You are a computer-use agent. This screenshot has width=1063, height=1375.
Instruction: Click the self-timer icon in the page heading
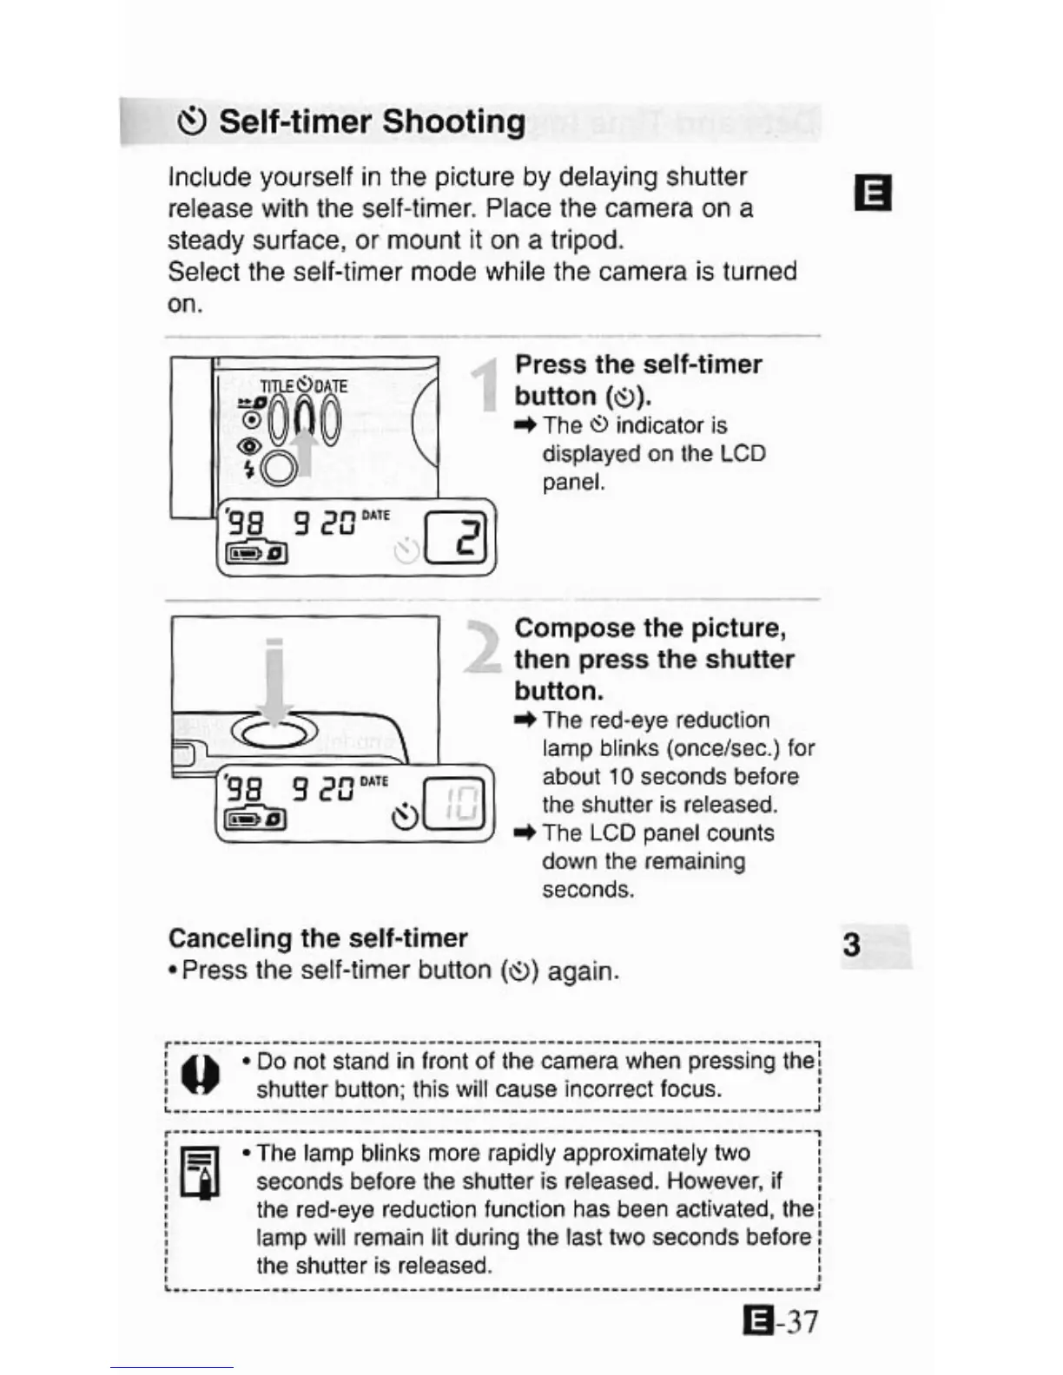(x=191, y=122)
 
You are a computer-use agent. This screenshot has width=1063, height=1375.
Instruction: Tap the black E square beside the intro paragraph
(x=873, y=193)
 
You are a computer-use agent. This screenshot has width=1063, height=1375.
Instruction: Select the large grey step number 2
(x=483, y=647)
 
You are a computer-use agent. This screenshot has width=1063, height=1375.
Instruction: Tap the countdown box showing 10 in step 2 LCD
(x=457, y=804)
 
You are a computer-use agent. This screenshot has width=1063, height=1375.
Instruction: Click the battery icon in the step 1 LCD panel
(x=256, y=553)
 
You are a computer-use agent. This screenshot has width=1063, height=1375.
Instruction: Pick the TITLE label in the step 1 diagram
(x=277, y=385)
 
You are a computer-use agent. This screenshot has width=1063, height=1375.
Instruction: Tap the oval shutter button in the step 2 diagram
(x=274, y=734)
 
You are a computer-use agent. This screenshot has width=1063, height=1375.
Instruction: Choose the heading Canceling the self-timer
(x=318, y=938)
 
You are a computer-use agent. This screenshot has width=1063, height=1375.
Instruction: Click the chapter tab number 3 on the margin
(x=852, y=944)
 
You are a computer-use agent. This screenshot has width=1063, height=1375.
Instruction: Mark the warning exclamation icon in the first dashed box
(x=200, y=1076)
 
